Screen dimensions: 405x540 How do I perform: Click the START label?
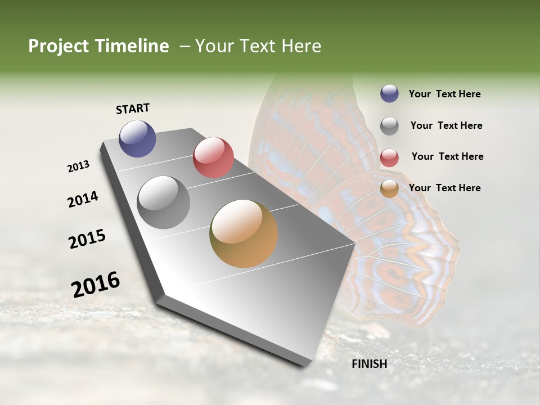[133, 109]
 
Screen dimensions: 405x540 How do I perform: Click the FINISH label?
[369, 364]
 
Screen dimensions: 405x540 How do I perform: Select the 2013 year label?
[78, 166]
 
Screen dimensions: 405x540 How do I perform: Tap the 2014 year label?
[83, 199]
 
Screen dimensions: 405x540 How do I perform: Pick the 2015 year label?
[87, 238]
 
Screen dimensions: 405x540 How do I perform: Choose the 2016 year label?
[96, 285]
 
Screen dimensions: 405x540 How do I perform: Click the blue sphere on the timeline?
[137, 138]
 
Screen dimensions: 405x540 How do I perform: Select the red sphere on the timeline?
[213, 157]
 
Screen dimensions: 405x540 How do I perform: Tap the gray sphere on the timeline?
[164, 202]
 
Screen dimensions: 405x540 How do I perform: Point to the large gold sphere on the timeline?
[244, 233]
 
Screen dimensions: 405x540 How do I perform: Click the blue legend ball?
[389, 93]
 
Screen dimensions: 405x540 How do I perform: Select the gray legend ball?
[389, 126]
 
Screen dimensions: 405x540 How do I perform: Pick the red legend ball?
[389, 157]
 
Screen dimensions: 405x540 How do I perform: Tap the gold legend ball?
[389, 188]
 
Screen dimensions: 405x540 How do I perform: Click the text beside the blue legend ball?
[444, 94]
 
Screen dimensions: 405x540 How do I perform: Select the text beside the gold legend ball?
[444, 188]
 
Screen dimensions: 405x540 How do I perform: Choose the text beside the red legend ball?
[447, 156]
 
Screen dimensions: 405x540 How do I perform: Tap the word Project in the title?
[56, 46]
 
